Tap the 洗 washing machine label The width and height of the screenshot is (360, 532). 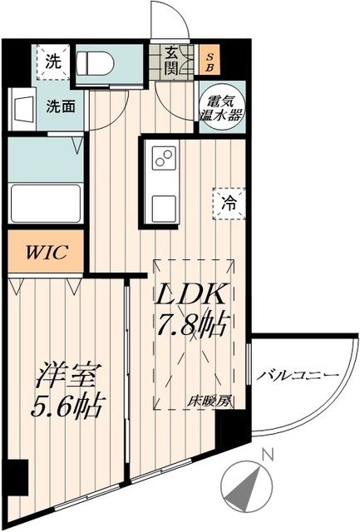(x=53, y=61)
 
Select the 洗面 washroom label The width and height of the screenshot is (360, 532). (x=59, y=106)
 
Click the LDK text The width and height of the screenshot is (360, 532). (x=198, y=297)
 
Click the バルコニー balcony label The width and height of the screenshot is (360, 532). (x=297, y=376)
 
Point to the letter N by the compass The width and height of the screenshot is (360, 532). (x=267, y=455)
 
